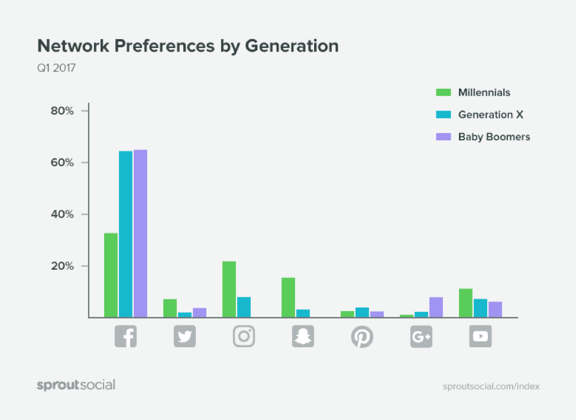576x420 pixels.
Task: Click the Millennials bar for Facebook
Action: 111,275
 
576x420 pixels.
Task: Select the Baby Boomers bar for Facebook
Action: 140,234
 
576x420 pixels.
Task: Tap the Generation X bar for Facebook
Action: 125,234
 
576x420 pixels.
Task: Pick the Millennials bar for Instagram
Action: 229,289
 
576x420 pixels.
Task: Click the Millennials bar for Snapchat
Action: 288,298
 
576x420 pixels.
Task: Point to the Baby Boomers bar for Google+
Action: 436,308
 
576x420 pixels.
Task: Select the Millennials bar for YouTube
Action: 465,303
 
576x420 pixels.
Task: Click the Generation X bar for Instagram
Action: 244,307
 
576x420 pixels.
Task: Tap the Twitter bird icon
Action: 185,336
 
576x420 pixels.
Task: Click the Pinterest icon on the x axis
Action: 362,336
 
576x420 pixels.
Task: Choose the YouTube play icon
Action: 480,336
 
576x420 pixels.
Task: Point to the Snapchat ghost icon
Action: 303,336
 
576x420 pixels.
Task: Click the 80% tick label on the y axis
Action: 62,111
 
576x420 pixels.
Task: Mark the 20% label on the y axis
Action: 62,266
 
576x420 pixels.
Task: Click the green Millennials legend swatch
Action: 444,92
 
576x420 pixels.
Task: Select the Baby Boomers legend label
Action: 494,137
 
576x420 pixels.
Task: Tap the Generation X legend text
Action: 491,115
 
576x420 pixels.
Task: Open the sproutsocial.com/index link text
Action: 491,386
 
